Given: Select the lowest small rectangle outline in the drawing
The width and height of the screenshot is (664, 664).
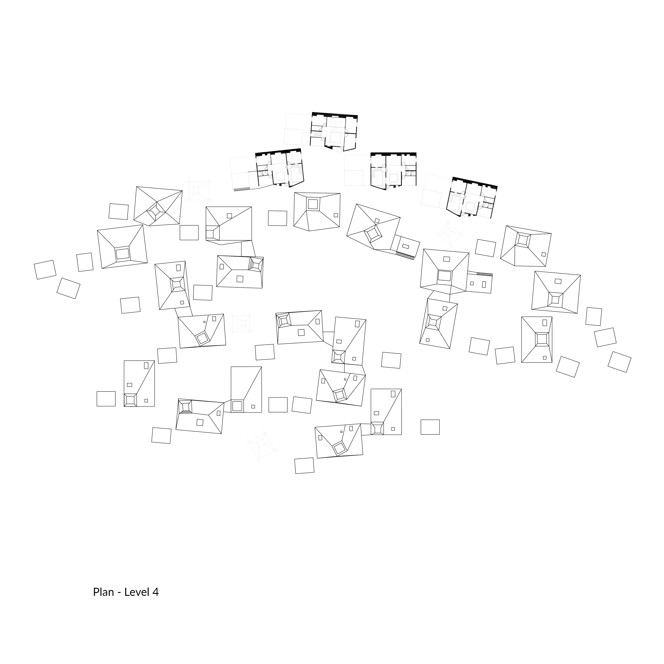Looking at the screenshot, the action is click(x=304, y=466).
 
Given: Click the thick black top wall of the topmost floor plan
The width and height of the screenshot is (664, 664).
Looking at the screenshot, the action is click(x=335, y=114).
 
